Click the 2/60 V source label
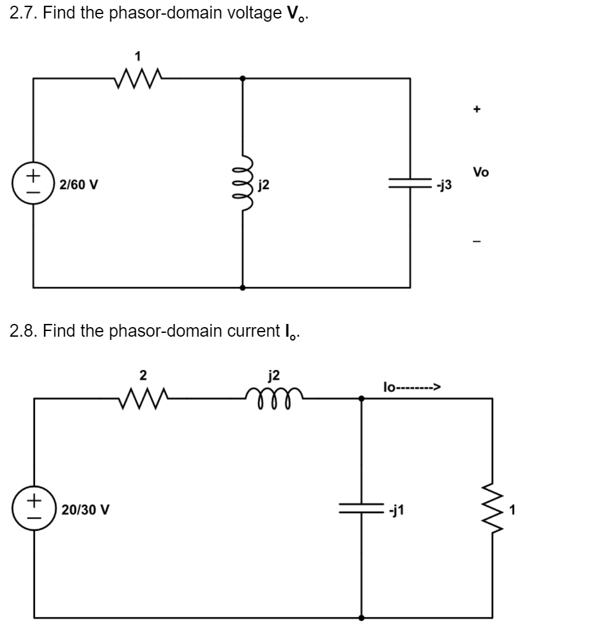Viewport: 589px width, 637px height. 79,185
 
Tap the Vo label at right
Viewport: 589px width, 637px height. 481,171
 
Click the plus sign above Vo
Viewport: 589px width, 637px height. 476,109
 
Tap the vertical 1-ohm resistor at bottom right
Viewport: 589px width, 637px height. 492,509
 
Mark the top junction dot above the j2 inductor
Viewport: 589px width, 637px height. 243,79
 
